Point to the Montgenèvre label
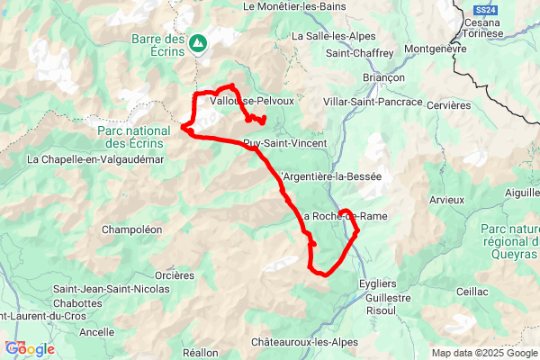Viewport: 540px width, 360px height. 436,49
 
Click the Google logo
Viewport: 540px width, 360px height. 30,349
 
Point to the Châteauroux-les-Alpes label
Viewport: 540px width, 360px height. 304,343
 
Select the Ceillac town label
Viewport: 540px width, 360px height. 472,292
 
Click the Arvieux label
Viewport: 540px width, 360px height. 446,199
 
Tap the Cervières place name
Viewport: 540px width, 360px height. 448,105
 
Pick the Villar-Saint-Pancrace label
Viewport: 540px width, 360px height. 373,103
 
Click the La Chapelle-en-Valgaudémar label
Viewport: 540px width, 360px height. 89,160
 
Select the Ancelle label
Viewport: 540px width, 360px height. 96,332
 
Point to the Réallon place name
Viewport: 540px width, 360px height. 200,353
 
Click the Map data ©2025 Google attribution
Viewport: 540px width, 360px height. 484,353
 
